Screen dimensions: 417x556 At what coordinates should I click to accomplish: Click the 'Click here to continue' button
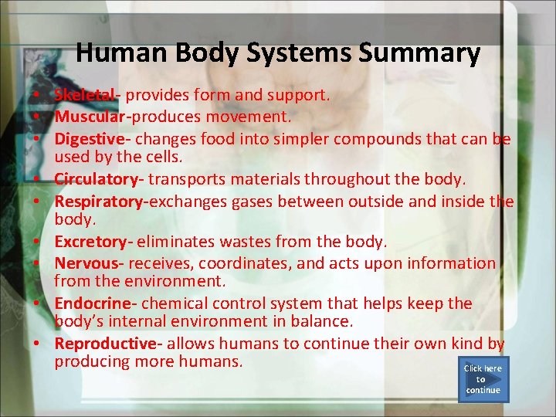pos(483,379)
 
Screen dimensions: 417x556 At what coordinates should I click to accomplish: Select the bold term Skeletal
pos(84,96)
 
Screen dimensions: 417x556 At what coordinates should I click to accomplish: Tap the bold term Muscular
pos(89,117)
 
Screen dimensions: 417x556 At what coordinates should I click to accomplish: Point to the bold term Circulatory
pos(97,179)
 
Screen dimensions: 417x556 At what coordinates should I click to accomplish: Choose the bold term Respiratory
pos(99,202)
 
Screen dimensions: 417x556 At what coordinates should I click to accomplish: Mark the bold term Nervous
pos(86,263)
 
